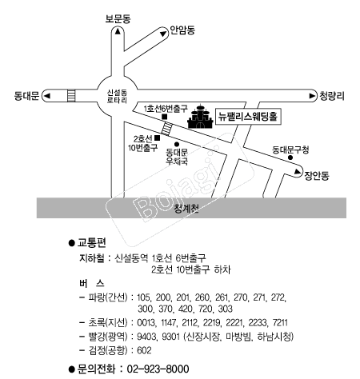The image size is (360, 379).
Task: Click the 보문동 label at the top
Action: (118, 18)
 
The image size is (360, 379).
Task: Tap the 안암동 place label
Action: (182, 30)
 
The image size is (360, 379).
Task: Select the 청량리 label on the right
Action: (332, 96)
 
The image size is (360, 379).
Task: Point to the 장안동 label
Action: (317, 176)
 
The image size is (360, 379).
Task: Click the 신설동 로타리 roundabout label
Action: (117, 96)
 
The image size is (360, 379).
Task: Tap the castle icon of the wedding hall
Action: (201, 117)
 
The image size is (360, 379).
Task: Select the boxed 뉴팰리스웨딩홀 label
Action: (248, 117)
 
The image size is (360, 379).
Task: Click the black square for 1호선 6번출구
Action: (165, 117)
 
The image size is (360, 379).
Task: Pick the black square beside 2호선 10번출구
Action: (158, 138)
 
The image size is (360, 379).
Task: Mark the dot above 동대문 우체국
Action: (177, 145)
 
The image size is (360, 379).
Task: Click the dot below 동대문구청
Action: (290, 158)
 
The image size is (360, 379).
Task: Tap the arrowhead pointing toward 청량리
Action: (312, 96)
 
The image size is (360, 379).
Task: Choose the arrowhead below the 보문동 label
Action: (118, 31)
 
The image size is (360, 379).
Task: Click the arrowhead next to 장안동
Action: (297, 172)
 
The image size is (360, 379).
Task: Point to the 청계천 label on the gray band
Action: (186, 209)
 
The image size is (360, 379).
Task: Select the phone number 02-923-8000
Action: (158, 369)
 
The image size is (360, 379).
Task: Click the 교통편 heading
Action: (91, 242)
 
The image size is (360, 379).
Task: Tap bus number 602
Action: (144, 350)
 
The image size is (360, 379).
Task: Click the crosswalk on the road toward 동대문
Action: (71, 96)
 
